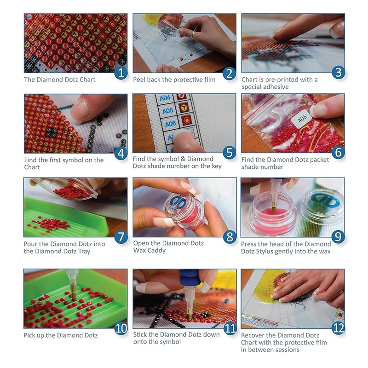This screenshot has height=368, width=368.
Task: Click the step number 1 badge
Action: tap(121, 73)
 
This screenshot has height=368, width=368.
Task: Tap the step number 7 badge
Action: tap(121, 237)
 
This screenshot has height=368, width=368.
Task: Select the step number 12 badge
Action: tap(338, 328)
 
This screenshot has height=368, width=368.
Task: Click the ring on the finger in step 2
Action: tap(193, 35)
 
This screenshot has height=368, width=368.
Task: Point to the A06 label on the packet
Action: tap(302, 119)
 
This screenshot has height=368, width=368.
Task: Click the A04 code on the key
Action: tap(165, 98)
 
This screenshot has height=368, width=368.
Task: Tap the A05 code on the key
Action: tap(168, 110)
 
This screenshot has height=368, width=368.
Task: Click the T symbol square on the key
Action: tap(184, 108)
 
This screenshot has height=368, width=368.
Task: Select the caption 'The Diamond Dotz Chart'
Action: tap(60, 80)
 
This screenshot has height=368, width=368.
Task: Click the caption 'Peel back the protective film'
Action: tap(174, 80)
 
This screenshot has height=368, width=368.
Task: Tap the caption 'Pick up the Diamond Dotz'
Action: tap(61, 335)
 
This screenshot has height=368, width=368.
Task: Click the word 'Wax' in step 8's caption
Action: tap(140, 250)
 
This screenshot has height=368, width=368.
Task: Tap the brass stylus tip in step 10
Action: tap(74, 295)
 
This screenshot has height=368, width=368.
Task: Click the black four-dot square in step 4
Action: tap(52, 132)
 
